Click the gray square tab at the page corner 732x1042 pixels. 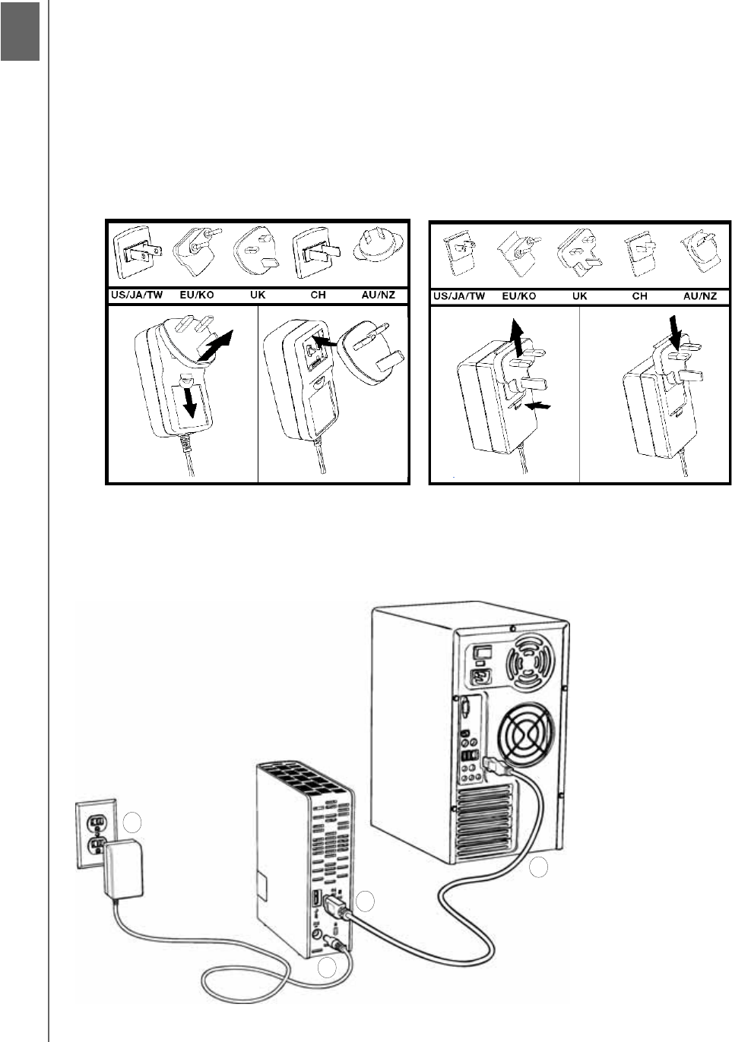click(x=20, y=30)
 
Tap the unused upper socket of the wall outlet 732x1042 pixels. click(x=97, y=821)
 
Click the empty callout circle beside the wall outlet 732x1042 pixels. click(x=132, y=823)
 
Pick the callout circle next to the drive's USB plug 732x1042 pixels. click(x=366, y=901)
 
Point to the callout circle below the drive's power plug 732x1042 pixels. click(x=327, y=968)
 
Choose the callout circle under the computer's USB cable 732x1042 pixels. click(x=538, y=867)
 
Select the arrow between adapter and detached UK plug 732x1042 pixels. click(x=325, y=343)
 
